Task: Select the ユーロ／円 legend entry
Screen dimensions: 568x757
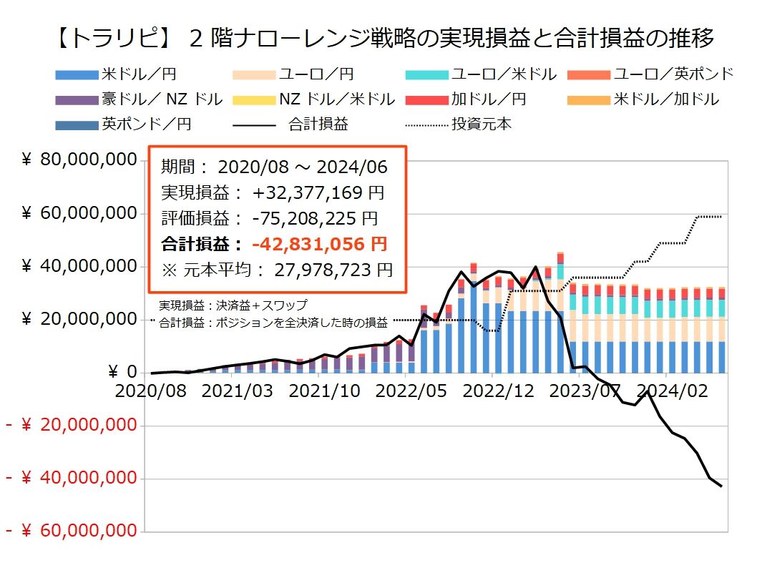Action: pos(315,74)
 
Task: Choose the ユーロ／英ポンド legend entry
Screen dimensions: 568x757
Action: pos(673,74)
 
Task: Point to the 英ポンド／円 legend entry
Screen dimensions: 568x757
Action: pos(146,124)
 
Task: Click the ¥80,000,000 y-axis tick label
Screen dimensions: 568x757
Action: pos(79,160)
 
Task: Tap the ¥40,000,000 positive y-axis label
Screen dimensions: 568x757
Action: pos(79,266)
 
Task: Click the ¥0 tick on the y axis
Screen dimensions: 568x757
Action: pos(122,372)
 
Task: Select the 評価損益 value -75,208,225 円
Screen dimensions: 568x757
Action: pos(315,218)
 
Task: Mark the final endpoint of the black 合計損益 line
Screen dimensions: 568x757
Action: pos(721,486)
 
